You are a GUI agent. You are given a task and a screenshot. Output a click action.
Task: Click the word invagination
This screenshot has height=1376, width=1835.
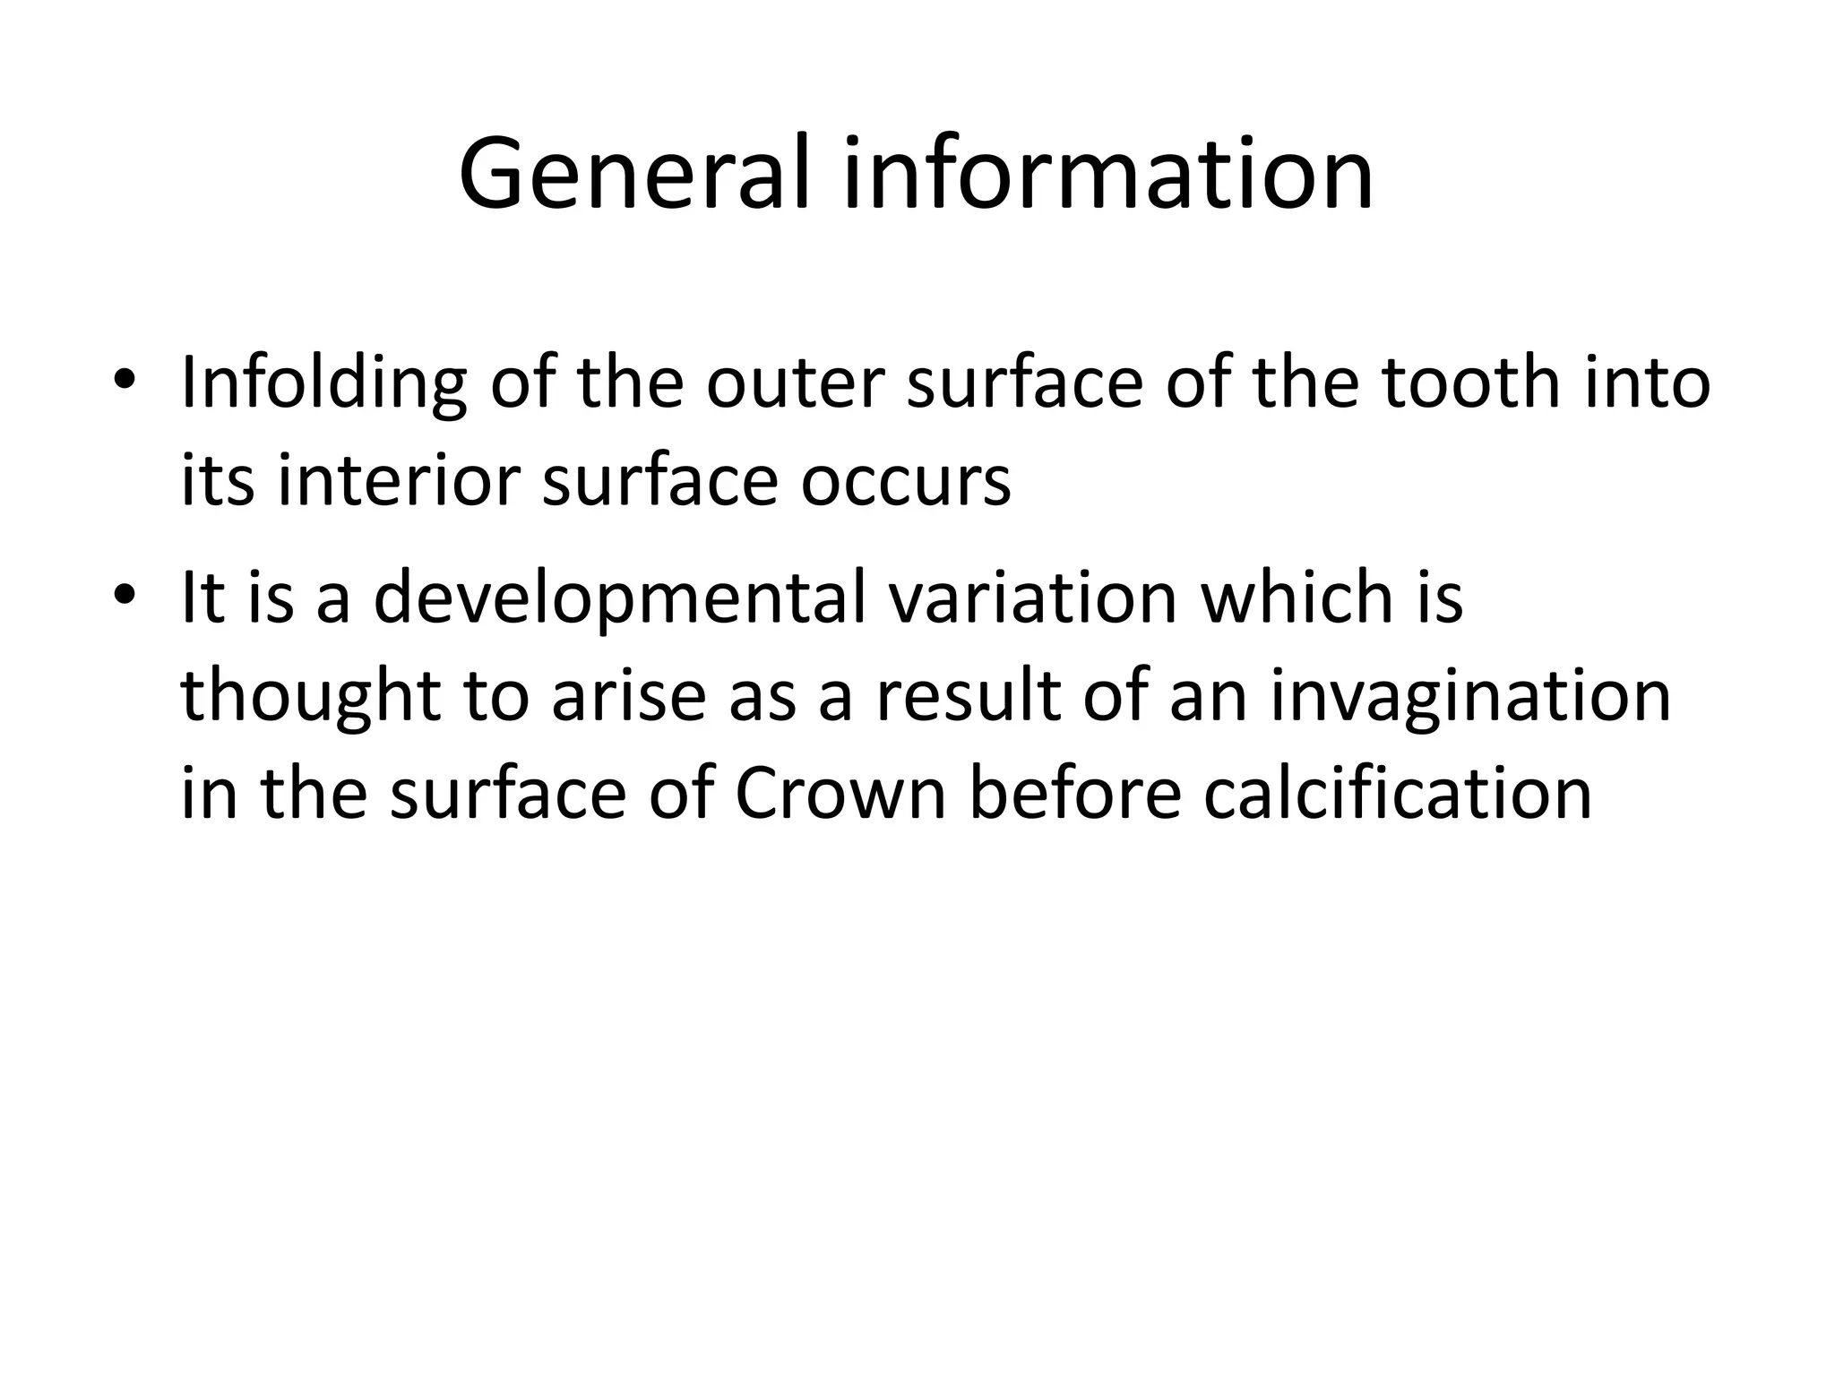(x=1470, y=697)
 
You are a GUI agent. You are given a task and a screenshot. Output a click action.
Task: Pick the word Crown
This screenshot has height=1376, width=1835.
(x=840, y=794)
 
